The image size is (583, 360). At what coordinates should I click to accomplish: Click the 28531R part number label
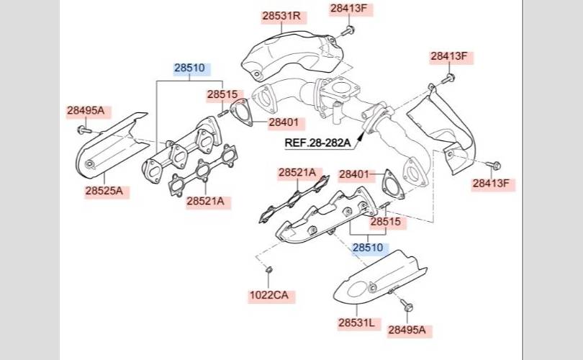click(281, 16)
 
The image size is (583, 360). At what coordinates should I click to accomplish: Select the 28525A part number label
click(104, 191)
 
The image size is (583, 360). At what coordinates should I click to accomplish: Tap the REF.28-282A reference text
click(317, 143)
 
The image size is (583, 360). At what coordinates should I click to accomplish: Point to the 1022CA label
click(268, 295)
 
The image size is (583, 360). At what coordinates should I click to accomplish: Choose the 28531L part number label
click(356, 323)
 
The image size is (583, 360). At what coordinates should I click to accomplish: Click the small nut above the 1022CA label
click(269, 269)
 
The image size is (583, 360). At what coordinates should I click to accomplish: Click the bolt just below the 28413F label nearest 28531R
click(347, 31)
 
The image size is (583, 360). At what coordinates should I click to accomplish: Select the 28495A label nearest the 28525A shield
click(86, 110)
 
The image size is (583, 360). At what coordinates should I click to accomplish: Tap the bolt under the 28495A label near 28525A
click(84, 130)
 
